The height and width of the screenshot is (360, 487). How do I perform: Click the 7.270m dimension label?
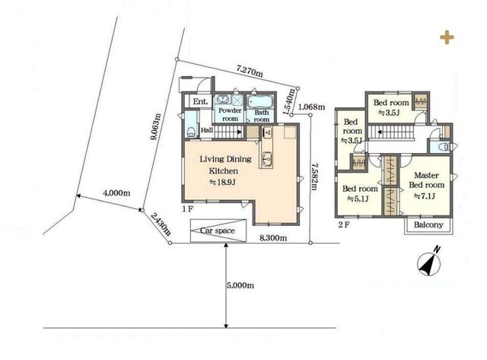[x=250, y=72]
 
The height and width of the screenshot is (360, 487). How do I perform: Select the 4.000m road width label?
[x=116, y=193]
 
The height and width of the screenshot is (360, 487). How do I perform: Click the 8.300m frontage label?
[x=273, y=238]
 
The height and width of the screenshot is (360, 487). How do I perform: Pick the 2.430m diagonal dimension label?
[x=161, y=224]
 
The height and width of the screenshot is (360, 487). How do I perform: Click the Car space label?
[x=217, y=231]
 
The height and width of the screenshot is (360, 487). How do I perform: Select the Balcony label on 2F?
[x=428, y=225]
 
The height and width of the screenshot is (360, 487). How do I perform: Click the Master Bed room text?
[x=426, y=180]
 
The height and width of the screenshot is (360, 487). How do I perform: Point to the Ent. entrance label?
[x=200, y=101]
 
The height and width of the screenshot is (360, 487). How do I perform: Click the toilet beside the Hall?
[x=191, y=131]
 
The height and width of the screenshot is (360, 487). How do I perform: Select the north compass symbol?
[x=429, y=262]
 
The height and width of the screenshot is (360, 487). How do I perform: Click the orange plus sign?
[x=447, y=37]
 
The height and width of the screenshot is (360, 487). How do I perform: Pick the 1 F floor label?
[x=188, y=209]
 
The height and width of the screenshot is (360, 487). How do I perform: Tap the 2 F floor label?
[x=343, y=225]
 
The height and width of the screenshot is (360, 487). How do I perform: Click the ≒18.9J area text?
[x=223, y=183]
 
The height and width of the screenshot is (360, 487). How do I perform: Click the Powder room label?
[x=230, y=115]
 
